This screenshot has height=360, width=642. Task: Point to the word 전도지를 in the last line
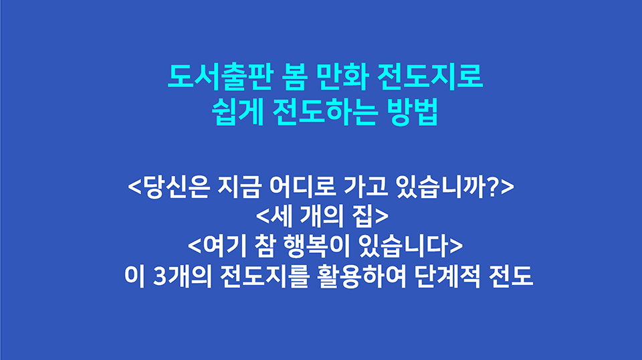pyautogui.click(x=253, y=276)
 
